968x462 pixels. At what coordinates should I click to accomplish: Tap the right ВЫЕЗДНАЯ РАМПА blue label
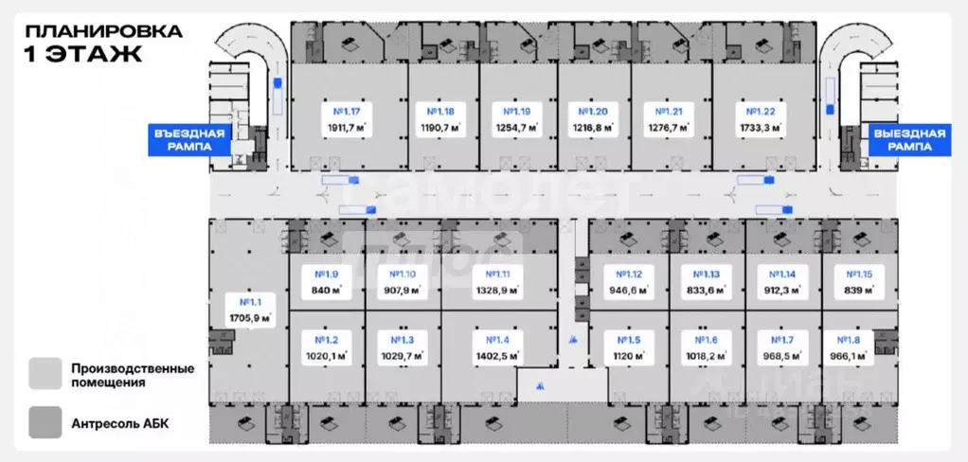point(909,140)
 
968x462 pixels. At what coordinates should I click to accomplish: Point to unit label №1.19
point(518,110)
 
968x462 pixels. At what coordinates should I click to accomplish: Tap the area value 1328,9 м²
point(497,291)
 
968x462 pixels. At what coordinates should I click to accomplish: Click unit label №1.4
point(497,340)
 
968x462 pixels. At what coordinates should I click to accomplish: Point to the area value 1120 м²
point(630,356)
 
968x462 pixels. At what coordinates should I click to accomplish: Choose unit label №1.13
point(707,275)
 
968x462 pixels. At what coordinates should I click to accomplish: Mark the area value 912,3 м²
point(783,291)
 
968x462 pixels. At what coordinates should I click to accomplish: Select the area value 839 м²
point(859,291)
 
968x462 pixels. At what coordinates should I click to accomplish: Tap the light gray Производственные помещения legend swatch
point(44,373)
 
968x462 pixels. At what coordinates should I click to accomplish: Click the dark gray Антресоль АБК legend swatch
point(44,421)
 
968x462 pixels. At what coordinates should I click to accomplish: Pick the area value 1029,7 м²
point(403,356)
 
